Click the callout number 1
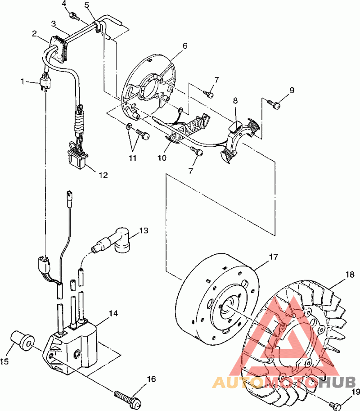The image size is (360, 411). (x=22, y=82)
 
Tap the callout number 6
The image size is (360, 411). (x=185, y=46)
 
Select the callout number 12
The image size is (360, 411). (x=103, y=175)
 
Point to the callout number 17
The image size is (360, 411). (x=273, y=257)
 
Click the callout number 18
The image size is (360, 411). (x=350, y=275)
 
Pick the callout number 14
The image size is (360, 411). (x=113, y=313)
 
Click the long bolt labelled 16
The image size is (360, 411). (x=128, y=397)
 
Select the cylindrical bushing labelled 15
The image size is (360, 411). (x=22, y=340)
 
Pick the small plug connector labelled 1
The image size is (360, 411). (x=45, y=82)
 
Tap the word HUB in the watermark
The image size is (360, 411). (x=337, y=382)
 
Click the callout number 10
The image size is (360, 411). (x=162, y=158)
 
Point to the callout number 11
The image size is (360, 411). (x=133, y=158)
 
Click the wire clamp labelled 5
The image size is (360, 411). (x=98, y=27)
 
